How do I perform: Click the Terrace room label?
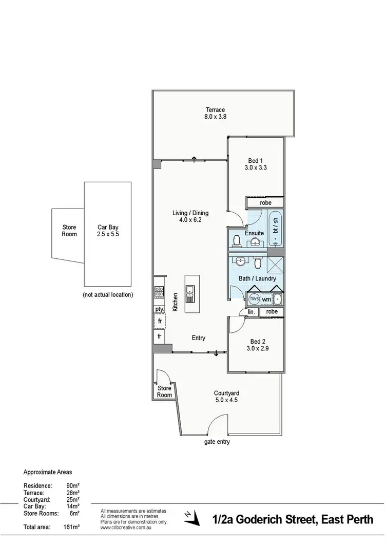point(216,109)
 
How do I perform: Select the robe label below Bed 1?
point(265,203)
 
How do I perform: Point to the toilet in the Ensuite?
point(237,240)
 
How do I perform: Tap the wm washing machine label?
point(266,299)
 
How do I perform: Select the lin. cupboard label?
point(252,312)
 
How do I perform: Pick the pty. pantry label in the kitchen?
point(159,309)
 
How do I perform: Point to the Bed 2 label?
point(257,342)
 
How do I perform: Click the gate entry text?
point(217,442)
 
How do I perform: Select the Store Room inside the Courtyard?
point(164,391)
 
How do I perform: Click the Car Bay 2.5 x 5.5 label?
point(108,231)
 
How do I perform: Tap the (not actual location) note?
point(108,295)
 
